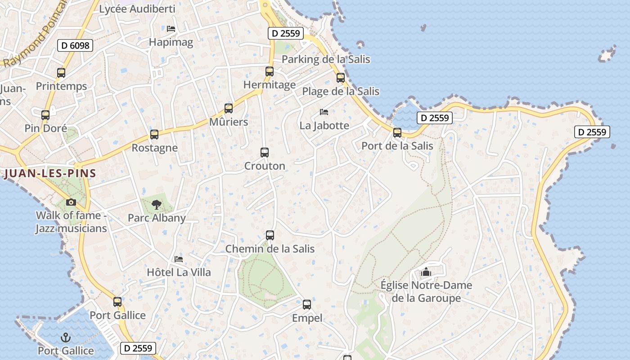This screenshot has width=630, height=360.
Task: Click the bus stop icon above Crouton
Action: pos(265,153)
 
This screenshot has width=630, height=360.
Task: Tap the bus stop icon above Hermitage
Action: pos(270,72)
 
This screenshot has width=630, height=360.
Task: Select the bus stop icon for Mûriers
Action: pos(229,108)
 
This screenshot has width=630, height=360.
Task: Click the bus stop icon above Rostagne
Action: pos(154,135)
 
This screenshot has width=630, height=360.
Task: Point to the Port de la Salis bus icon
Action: pos(397,133)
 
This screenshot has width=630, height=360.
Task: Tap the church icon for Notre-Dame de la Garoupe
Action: pos(426,272)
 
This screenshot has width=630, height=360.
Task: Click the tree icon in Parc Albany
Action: pos(157,205)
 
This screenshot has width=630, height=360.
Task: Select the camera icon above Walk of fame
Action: pos(71,202)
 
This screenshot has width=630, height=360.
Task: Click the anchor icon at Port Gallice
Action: pos(66,337)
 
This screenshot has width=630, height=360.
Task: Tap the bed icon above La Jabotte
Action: pos(324,112)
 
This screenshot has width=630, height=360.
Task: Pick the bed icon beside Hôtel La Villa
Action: pos(179,259)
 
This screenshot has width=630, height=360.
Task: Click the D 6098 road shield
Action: pos(75,45)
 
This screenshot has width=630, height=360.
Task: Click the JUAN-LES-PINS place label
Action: pos(50,174)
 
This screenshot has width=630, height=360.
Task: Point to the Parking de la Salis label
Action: pos(326,59)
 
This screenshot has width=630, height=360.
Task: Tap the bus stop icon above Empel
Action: pos(307,305)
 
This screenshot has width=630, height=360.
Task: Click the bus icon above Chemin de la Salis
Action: pos(270,235)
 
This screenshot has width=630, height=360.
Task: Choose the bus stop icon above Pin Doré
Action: pos(45,115)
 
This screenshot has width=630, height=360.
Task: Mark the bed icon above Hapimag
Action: pos(171,29)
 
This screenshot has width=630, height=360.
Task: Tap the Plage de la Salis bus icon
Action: pos(341,78)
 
